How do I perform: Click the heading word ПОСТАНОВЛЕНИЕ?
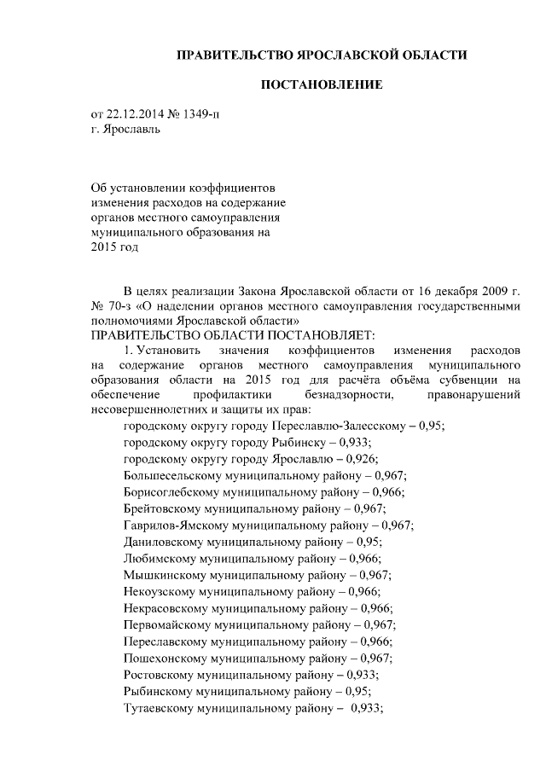(x=321, y=85)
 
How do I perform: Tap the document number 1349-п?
(x=212, y=115)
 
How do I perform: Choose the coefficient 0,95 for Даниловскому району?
(x=369, y=542)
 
